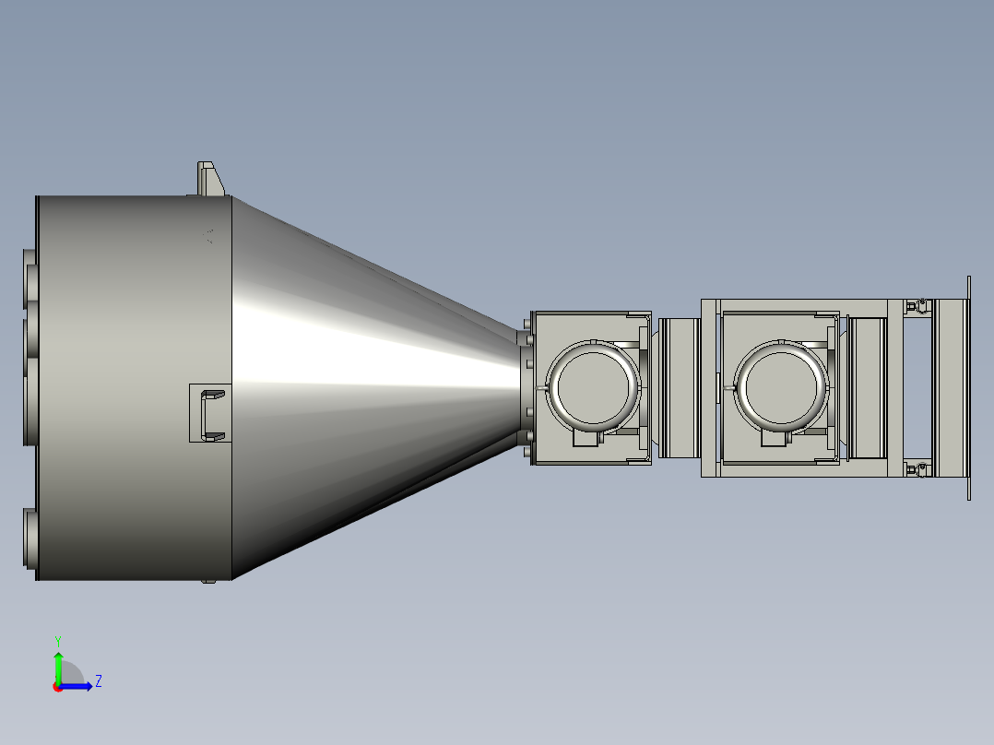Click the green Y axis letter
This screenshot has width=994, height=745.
pos(58,641)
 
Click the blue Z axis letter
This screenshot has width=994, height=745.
pos(99,681)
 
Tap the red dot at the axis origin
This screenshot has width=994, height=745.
pos(58,687)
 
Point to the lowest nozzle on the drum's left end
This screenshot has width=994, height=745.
pos(30,539)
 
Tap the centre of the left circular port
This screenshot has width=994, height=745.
pos(593,385)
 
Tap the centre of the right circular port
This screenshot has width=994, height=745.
pos(782,387)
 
